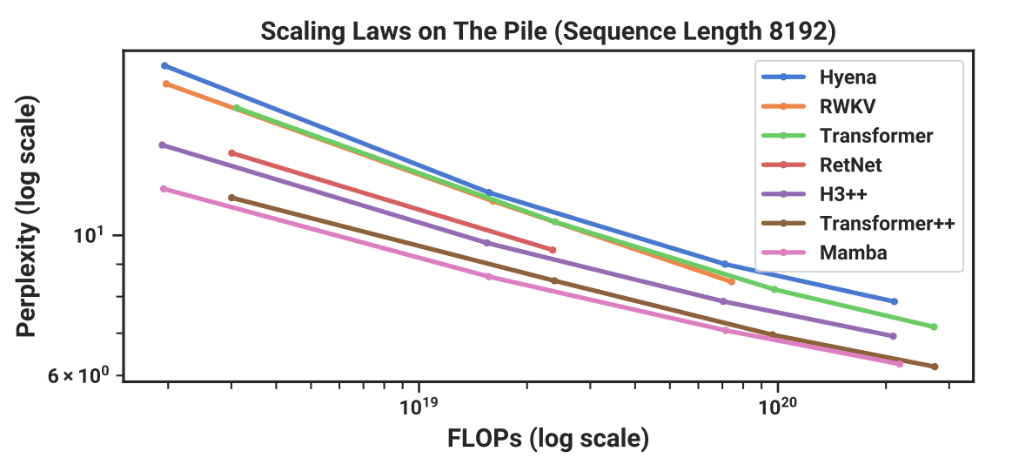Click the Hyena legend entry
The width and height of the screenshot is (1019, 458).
tap(847, 77)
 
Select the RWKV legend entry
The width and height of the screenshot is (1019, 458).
tap(846, 106)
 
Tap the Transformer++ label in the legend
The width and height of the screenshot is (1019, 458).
tap(887, 224)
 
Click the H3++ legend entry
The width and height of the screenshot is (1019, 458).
tap(842, 194)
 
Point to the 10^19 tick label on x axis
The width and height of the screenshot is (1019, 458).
tap(419, 406)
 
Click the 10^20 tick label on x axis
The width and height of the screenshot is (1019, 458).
tap(776, 406)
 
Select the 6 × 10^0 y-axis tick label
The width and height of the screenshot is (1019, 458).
tap(86, 376)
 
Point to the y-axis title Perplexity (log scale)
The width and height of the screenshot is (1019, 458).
tap(28, 219)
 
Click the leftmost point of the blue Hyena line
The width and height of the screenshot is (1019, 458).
tap(164, 66)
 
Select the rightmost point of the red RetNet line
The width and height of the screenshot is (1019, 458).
tap(553, 250)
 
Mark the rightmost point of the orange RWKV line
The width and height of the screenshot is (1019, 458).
tap(731, 282)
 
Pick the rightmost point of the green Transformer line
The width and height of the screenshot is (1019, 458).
tap(934, 327)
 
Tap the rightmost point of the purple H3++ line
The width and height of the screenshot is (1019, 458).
tap(894, 336)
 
